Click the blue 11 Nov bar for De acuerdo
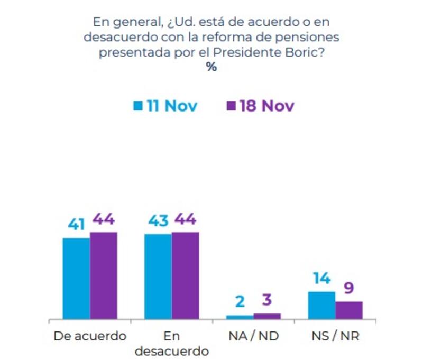tap(76, 279)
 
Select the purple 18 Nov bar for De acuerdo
tap(103, 275)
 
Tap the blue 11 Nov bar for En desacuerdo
tap(158, 276)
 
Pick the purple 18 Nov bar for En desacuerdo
tap(185, 275)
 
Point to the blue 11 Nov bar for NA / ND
tap(240, 317)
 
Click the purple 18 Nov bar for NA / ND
tap(267, 316)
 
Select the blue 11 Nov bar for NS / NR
tap(321, 305)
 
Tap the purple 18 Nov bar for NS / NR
tap(349, 310)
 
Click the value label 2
tap(240, 302)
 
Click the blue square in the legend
tap(138, 106)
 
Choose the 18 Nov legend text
tap(266, 106)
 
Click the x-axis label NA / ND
tap(254, 336)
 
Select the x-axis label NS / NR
tap(335, 336)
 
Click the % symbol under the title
tap(212, 68)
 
